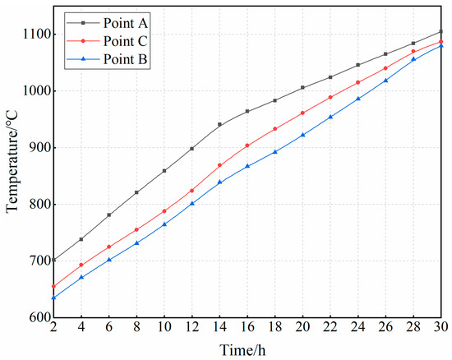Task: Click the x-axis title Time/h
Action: (x=245, y=348)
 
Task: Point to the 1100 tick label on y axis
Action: (x=32, y=35)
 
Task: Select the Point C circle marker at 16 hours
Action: (x=247, y=145)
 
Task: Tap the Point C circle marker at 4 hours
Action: (x=81, y=265)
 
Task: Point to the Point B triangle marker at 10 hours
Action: (x=164, y=224)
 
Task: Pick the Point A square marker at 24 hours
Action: (x=358, y=65)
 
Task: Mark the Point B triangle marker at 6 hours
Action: (x=109, y=259)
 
